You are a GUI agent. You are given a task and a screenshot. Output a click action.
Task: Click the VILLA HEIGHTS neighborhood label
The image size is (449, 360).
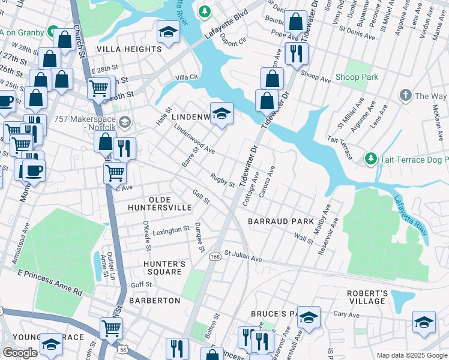coord(129,49)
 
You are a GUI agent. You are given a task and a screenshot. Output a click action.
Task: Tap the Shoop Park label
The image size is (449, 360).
coord(357,77)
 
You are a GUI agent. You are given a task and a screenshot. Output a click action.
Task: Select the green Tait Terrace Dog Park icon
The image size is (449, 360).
coord(371,158)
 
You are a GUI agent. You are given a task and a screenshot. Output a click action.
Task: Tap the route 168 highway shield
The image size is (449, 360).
coord(214,256)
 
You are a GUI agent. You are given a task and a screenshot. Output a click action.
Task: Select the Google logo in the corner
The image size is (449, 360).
coord(20,353)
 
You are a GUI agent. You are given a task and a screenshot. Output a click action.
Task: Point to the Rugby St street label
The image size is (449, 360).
coord(222,179)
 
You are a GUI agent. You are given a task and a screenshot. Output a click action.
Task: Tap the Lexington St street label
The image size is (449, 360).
coord(170,231)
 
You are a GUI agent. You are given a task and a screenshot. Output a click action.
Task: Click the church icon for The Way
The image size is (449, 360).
coord(406,95)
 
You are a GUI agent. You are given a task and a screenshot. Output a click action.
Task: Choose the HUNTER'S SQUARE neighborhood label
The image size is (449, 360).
coord(162,268)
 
